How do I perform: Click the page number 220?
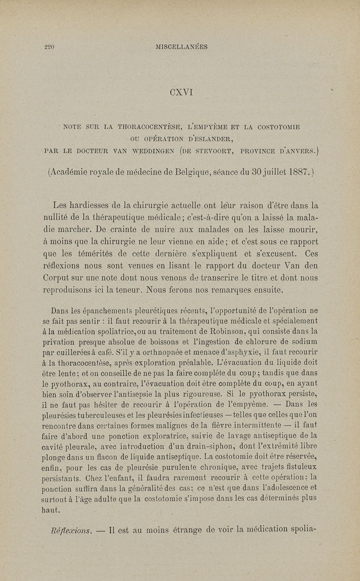tap(49, 46)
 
